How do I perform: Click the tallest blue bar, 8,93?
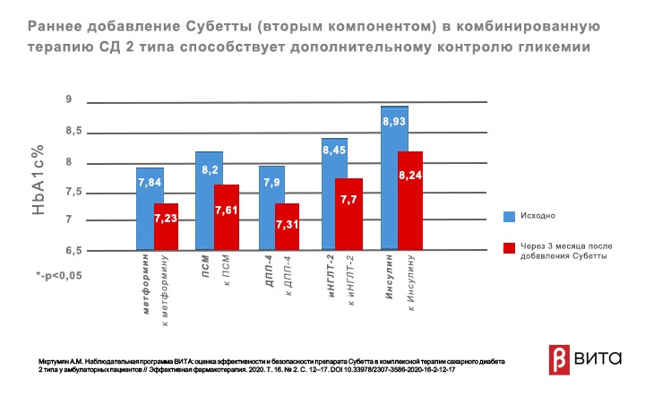tap(394, 189)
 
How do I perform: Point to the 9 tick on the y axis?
tap(68, 99)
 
